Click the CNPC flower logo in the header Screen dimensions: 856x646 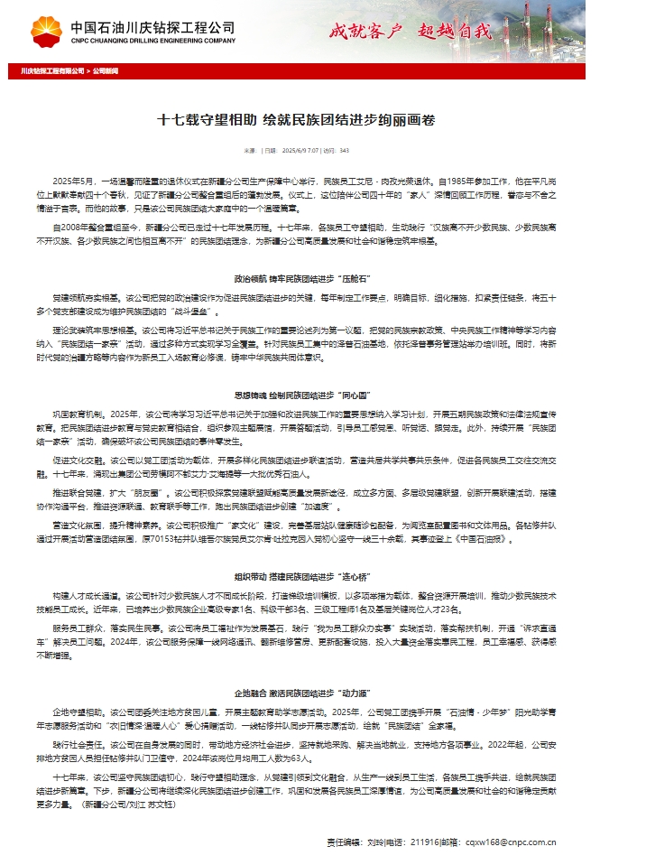[x=47, y=31]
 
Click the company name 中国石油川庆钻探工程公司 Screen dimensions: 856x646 [x=152, y=27]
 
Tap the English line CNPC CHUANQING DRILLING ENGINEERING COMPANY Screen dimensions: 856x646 [x=152, y=41]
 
